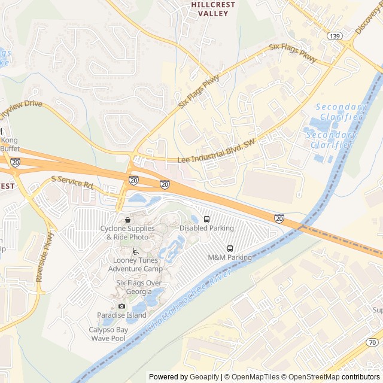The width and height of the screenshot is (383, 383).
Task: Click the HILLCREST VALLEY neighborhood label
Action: pyautogui.click(x=212, y=8)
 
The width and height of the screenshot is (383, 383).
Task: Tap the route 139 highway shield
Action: pyautogui.click(x=334, y=37)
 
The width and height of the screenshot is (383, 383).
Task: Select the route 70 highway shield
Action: pyautogui.click(x=372, y=342)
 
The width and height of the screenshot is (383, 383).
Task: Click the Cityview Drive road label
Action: pyautogui.click(x=22, y=108)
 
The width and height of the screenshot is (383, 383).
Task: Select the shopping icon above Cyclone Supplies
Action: pyautogui.click(x=127, y=220)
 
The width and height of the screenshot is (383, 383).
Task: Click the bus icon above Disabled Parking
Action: pyautogui.click(x=206, y=219)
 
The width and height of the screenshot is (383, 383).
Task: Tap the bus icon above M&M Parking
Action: pyautogui.click(x=230, y=248)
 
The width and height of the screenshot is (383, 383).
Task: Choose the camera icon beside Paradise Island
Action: pyautogui.click(x=122, y=306)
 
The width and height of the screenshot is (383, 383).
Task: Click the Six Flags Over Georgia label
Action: pyautogui.click(x=139, y=287)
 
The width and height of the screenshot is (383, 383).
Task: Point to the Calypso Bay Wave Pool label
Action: pyautogui.click(x=108, y=334)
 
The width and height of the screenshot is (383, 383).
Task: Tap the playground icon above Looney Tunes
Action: pyautogui.click(x=135, y=251)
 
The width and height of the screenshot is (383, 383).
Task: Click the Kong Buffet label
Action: pyautogui.click(x=10, y=144)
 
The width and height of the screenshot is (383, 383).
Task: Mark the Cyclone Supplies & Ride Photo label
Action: pyautogui.click(x=127, y=233)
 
